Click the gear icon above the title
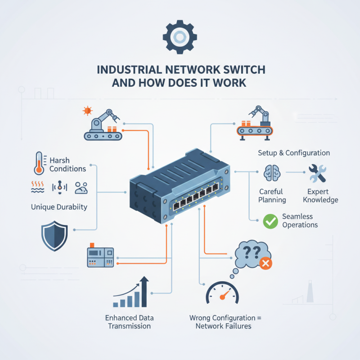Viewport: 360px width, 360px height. (180, 36)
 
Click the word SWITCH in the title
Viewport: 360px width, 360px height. (242, 70)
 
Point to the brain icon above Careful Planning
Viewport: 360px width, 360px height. (270, 173)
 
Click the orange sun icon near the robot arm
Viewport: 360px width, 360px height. (87, 110)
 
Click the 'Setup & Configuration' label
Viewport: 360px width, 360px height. (294, 153)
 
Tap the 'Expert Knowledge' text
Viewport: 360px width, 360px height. (320, 196)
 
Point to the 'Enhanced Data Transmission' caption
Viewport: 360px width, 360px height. (130, 321)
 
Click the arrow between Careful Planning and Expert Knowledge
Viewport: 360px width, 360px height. (293, 172)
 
